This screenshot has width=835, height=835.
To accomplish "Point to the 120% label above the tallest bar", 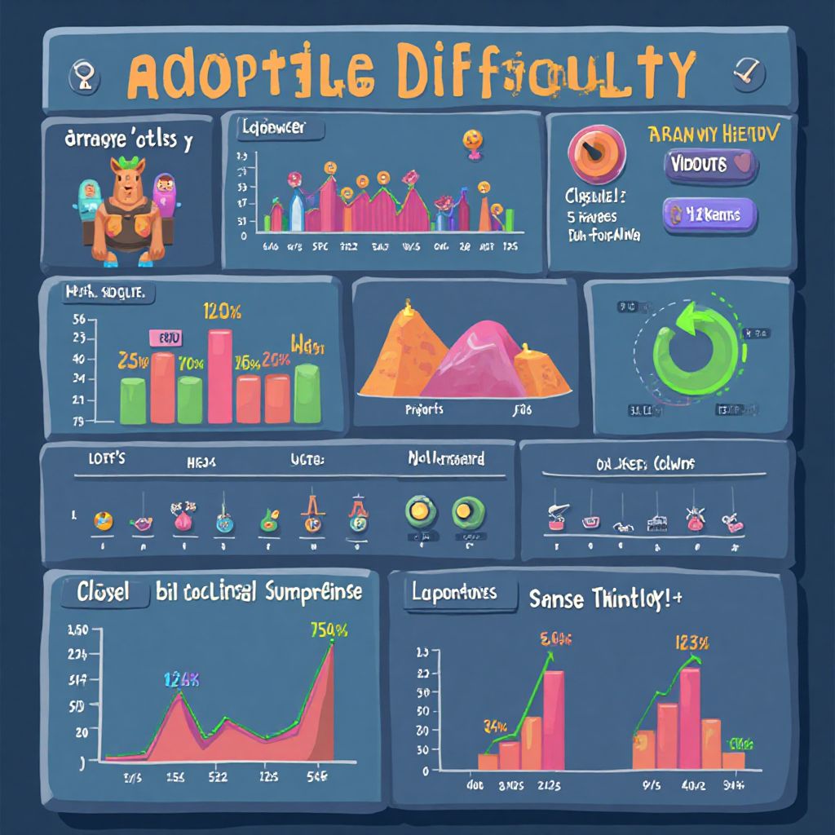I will click(222, 311).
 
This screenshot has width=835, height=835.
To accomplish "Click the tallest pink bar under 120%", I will click(220, 375).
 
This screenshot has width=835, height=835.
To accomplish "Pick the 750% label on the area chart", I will click(329, 630).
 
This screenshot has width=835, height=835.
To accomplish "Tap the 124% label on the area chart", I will click(181, 679).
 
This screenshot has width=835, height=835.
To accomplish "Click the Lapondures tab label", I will click(455, 594).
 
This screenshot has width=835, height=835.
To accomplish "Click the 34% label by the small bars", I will click(495, 726).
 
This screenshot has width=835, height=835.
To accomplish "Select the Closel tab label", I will click(102, 593).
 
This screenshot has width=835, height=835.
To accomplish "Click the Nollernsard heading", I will click(446, 459).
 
